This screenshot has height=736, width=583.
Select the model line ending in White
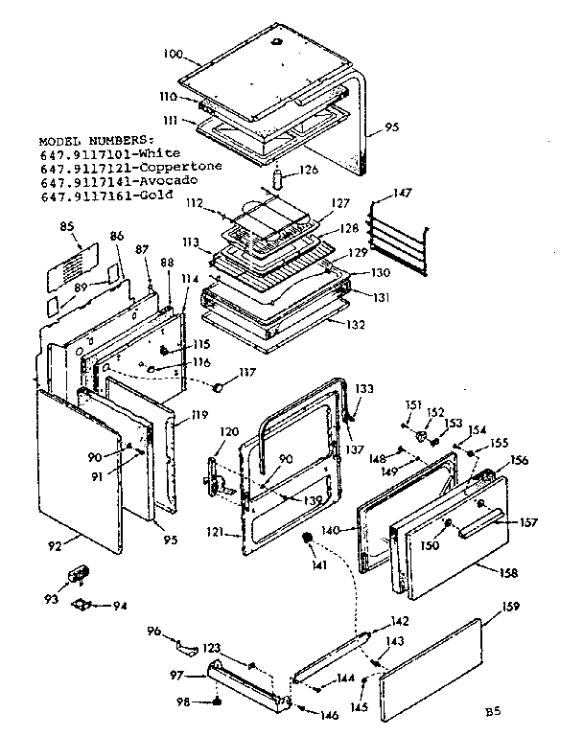(98, 152)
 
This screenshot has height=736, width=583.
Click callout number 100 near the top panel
(173, 54)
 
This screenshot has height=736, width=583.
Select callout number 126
(308, 172)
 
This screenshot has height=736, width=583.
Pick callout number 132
(356, 325)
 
